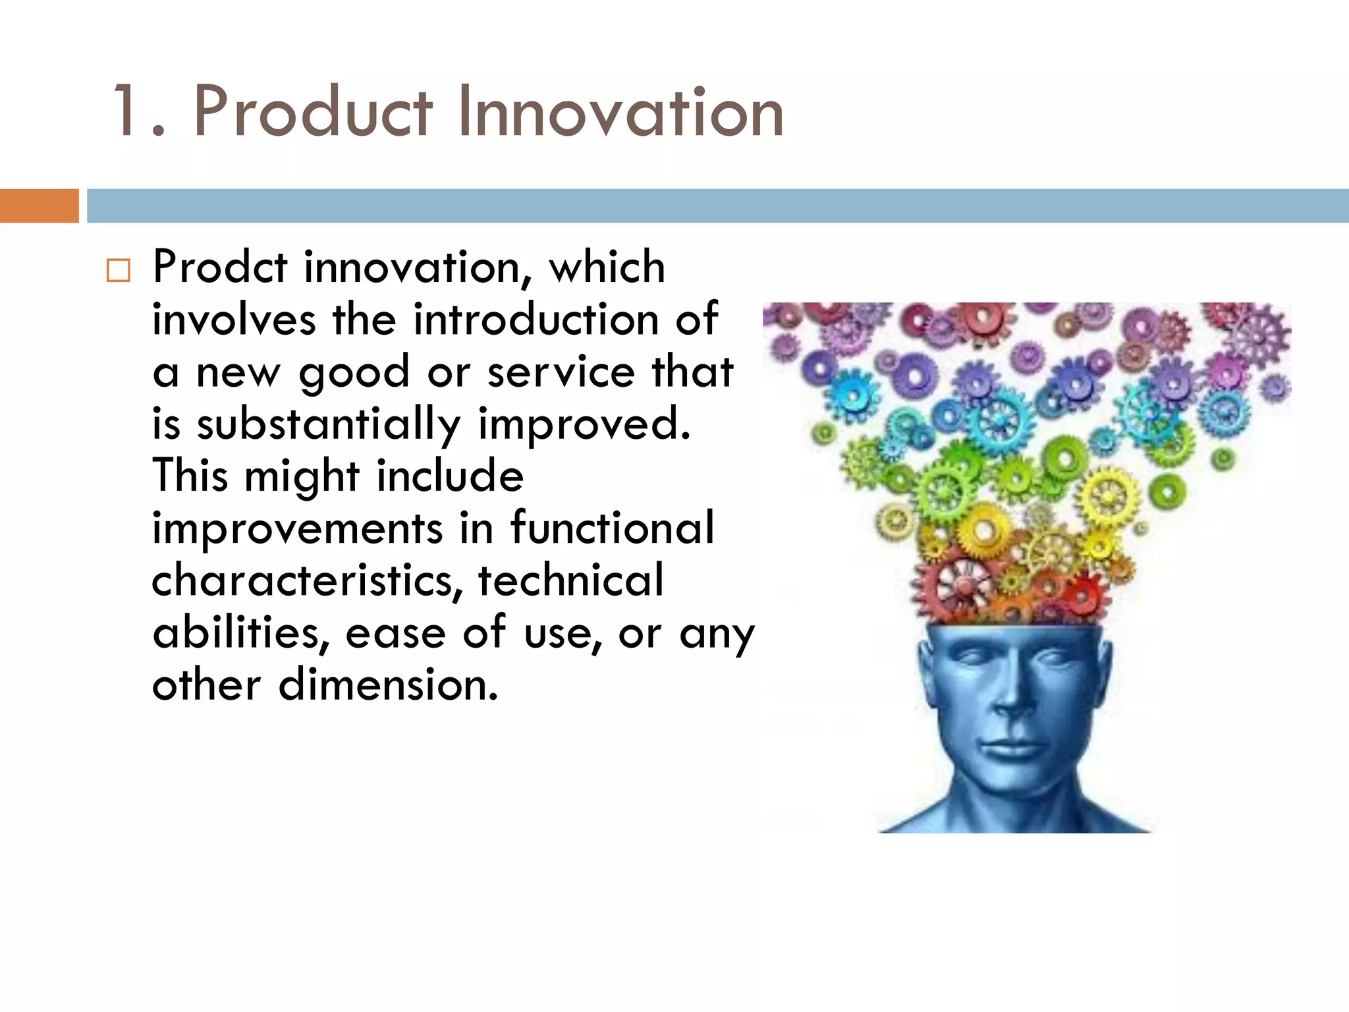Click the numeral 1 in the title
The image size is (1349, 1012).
[125, 112]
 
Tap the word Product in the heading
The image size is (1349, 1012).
[313, 112]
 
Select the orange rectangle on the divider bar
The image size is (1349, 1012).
[39, 206]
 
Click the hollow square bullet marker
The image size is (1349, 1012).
[119, 270]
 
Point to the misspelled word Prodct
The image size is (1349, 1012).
[220, 267]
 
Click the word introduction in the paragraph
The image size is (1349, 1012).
[536, 320]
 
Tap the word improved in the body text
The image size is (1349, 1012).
[584, 424]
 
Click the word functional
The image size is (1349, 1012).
[612, 528]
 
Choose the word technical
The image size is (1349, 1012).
[570, 580]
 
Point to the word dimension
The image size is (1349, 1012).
[388, 685]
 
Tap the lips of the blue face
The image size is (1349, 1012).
[1008, 748]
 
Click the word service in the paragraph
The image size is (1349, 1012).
[561, 372]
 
